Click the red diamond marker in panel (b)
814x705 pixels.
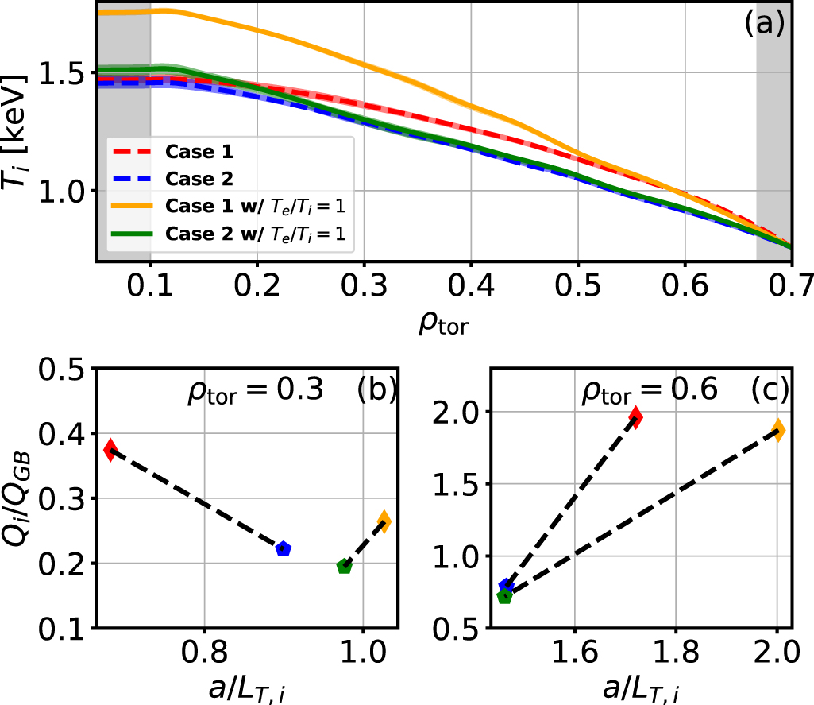[110, 449]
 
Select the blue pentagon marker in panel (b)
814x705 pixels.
[283, 548]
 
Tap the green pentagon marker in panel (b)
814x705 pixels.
[344, 566]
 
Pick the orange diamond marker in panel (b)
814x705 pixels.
[384, 521]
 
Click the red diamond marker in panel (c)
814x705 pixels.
[635, 416]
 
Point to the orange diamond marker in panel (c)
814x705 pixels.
[778, 430]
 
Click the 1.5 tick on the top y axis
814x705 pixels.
[68, 72]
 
